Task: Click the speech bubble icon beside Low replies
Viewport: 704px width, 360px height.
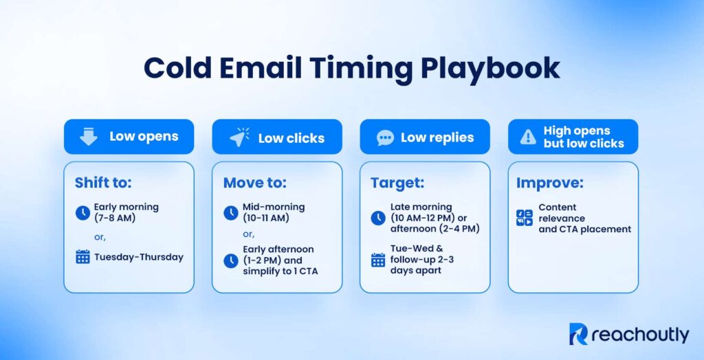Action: [x=386, y=137]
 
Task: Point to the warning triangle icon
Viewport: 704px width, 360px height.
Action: [x=528, y=137]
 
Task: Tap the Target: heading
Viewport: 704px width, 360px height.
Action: [x=398, y=183]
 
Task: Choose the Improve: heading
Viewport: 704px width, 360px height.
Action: [x=549, y=183]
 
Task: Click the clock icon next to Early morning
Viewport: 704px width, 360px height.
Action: [x=82, y=213]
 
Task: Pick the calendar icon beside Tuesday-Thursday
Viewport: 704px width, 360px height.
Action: [x=82, y=257]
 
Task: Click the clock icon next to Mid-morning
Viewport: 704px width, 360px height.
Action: [x=231, y=213]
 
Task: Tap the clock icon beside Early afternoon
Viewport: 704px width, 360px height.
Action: [x=231, y=261]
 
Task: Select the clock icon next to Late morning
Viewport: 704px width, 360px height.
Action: [x=378, y=218]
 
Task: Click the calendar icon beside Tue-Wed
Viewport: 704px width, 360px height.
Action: [x=378, y=260]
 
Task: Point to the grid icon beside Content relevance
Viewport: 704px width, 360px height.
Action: [x=525, y=218]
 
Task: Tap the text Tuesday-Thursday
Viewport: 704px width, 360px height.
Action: [x=139, y=257]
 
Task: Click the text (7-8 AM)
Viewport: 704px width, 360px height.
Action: [x=115, y=218]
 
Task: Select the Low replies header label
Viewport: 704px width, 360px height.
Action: [x=437, y=137]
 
